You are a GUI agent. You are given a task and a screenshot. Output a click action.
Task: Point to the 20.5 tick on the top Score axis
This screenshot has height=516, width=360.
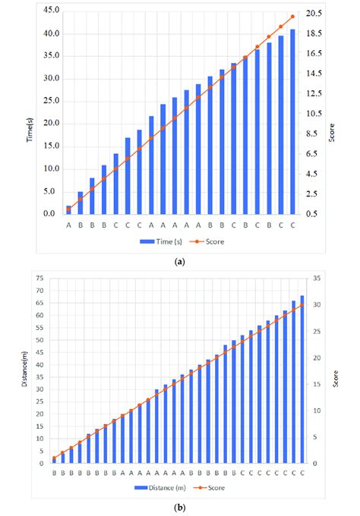314,14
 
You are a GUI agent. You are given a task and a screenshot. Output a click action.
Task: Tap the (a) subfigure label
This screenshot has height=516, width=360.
179,260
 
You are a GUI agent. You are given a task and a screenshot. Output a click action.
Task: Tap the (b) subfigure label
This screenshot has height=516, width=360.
179,507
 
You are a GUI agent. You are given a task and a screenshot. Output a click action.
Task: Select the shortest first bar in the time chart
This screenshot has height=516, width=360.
68,209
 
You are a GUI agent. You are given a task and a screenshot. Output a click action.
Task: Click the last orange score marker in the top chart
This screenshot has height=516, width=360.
292,17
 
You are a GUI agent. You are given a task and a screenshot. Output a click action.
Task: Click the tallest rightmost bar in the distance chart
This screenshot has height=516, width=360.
302,379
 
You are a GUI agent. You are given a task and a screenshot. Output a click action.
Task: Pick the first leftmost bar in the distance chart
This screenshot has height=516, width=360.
54,459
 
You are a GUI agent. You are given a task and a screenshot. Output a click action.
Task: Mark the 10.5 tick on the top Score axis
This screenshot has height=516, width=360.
314,114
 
